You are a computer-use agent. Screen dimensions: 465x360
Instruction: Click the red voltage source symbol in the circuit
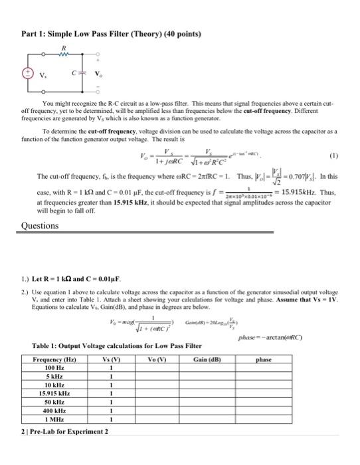pyautogui.click(x=29, y=74)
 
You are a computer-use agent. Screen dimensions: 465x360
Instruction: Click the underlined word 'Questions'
pyautogui.click(x=39, y=225)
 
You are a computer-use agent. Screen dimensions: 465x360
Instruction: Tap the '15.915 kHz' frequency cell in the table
pyautogui.click(x=54, y=393)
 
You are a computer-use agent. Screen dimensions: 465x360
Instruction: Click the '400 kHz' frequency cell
pyautogui.click(x=54, y=411)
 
